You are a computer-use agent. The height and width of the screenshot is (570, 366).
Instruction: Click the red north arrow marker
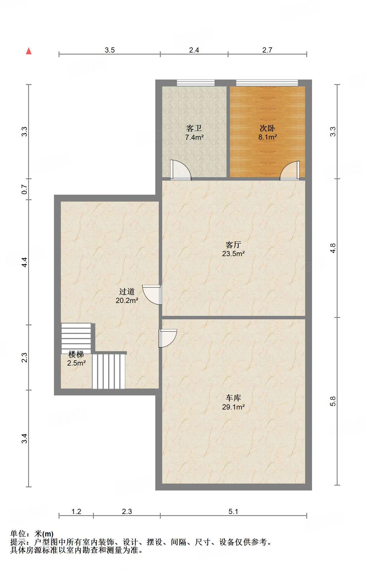(x=29, y=51)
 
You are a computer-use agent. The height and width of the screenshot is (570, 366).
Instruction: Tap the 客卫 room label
(x=194, y=128)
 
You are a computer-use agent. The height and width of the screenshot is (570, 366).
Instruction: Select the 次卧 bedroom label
(x=267, y=128)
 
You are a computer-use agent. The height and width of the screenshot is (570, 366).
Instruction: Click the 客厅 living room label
(x=233, y=245)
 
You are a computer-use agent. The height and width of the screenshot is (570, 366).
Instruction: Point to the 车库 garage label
(x=233, y=398)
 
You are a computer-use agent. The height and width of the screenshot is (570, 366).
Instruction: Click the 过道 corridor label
(x=127, y=292)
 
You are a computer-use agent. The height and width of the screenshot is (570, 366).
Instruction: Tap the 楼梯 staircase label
(x=76, y=354)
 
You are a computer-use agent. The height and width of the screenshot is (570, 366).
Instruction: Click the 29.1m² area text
(x=233, y=407)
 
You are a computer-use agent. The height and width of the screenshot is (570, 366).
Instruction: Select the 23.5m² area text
(x=233, y=254)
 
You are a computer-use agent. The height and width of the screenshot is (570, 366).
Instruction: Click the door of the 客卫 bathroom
(x=181, y=170)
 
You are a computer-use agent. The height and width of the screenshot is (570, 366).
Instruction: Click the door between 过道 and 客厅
(x=152, y=295)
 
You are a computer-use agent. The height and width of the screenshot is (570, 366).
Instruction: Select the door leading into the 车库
(x=168, y=338)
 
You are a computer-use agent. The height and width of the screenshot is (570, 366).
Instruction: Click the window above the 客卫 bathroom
(x=196, y=83)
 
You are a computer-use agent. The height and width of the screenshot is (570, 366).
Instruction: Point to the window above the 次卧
(x=267, y=83)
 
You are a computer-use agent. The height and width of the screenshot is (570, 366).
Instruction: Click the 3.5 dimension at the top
(x=110, y=50)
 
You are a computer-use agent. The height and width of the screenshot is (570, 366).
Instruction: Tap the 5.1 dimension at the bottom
(x=233, y=511)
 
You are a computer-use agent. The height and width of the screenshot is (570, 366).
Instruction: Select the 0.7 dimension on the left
(x=25, y=189)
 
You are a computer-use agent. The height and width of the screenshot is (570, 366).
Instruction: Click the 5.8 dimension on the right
(x=333, y=401)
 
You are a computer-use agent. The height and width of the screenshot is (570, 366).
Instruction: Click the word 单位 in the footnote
(x=18, y=534)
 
